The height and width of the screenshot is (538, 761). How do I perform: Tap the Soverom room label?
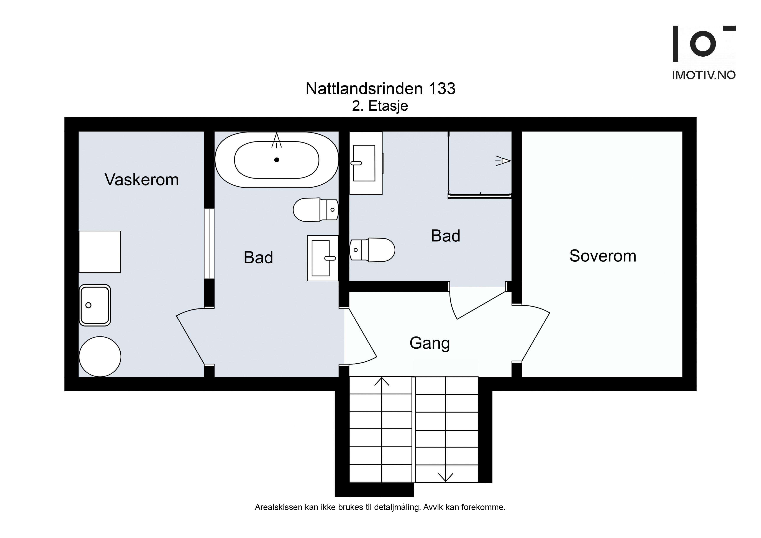click(x=603, y=256)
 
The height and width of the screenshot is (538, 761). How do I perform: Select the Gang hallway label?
click(x=430, y=343)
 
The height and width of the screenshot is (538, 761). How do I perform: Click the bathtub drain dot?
click(x=277, y=160)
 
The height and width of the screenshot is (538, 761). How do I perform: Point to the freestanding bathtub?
click(x=277, y=160)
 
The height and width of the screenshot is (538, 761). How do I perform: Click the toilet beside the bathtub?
click(x=316, y=210)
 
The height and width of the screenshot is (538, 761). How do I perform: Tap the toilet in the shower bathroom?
click(x=372, y=250)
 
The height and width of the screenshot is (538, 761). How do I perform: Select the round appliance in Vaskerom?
click(x=100, y=357)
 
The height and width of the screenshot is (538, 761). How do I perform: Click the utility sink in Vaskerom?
click(x=95, y=305)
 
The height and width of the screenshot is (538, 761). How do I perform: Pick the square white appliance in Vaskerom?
click(x=100, y=252)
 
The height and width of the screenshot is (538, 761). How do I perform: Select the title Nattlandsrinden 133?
click(x=380, y=89)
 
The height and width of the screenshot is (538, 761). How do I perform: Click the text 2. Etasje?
click(x=380, y=106)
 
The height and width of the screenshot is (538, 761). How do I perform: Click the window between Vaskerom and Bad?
click(x=209, y=244)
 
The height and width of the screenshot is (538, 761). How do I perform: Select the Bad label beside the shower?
click(x=445, y=236)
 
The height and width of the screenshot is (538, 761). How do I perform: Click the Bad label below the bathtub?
click(x=258, y=258)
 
